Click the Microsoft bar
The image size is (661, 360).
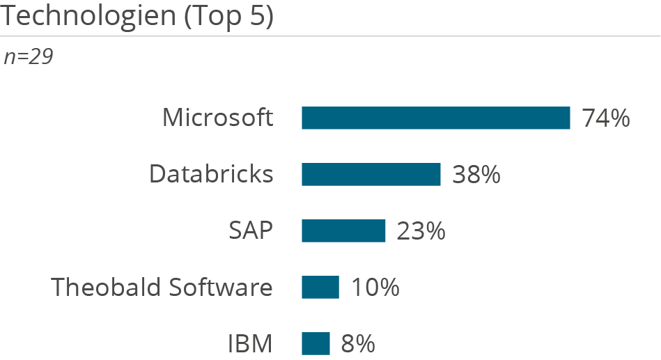(x=435, y=118)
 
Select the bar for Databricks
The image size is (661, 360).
(x=371, y=174)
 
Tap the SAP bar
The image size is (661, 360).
(x=343, y=230)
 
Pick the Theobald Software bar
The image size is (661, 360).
(x=320, y=287)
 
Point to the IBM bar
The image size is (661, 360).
(x=316, y=343)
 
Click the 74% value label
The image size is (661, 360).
(x=606, y=118)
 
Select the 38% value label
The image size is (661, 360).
(x=476, y=174)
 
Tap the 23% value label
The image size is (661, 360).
(x=421, y=230)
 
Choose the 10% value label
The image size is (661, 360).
(x=375, y=287)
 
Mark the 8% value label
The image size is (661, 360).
(x=358, y=343)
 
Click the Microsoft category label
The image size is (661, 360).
(x=217, y=118)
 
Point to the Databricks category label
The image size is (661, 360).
(x=211, y=174)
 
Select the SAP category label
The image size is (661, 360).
(x=251, y=230)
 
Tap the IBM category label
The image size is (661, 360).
(x=250, y=343)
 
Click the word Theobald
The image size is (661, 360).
(x=100, y=287)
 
